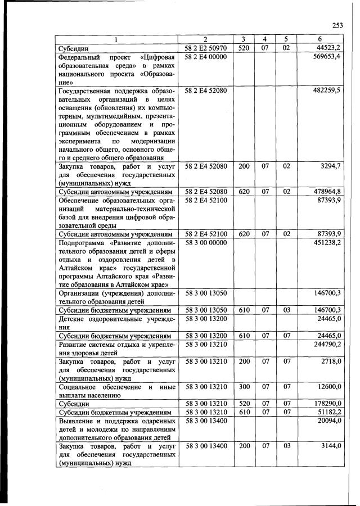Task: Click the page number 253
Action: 337,25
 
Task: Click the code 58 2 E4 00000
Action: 205,57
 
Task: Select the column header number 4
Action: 264,39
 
